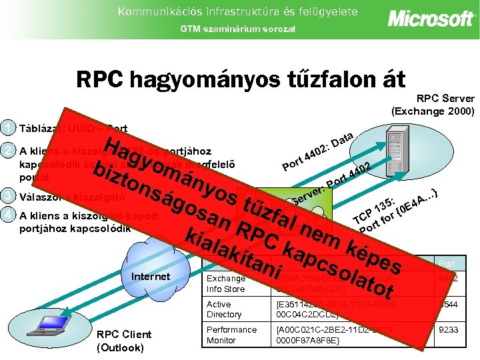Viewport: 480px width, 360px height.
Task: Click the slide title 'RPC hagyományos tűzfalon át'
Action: (241, 79)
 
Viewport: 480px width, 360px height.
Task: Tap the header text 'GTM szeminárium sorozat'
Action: (239, 29)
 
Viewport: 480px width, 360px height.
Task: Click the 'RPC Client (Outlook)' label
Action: (124, 341)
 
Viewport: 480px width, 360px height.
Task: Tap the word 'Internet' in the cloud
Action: (151, 275)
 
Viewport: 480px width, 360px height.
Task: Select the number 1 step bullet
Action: (7, 128)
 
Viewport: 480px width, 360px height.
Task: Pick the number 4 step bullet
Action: (7, 215)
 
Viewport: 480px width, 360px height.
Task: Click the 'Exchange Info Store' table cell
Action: (227, 283)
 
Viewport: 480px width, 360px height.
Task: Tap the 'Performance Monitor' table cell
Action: (231, 335)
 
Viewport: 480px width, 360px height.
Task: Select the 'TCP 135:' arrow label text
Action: (375, 210)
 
